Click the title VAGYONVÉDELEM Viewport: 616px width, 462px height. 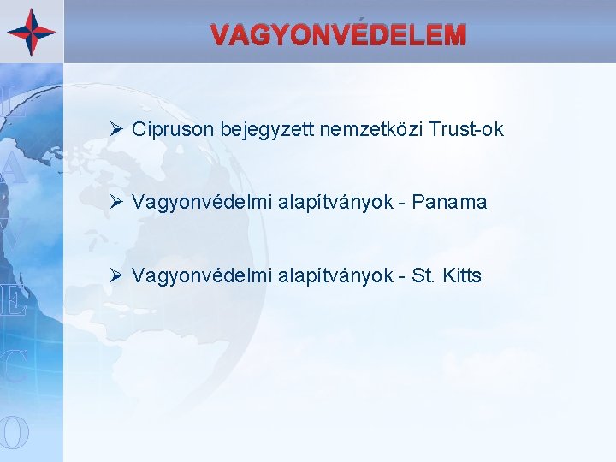click(339, 35)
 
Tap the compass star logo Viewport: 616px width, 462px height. click(32, 32)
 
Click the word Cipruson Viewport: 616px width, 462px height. click(173, 130)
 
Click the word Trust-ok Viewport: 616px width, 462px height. click(466, 130)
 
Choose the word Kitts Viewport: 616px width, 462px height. click(460, 276)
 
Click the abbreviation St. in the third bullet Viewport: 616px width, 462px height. click(423, 276)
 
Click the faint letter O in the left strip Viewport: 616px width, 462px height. click(15, 433)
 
